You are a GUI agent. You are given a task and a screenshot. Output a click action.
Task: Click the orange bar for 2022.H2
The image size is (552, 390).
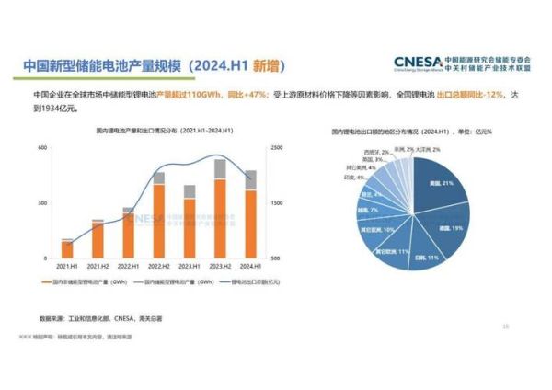pos(158,221)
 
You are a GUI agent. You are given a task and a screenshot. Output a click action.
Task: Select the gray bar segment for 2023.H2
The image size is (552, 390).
pos(220,168)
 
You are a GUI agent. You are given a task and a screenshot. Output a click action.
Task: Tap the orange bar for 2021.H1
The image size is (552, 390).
pos(67,249)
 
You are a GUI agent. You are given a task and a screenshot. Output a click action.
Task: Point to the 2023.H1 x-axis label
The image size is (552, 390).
pos(190,267)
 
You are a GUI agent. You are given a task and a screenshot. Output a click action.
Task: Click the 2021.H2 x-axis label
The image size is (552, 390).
pos(98,267)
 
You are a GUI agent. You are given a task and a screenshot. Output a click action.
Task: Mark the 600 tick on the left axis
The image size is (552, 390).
pos(43,148)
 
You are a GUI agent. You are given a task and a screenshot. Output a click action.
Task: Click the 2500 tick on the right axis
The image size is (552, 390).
pos(277,148)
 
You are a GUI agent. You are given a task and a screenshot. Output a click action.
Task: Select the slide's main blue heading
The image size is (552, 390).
pos(152,66)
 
